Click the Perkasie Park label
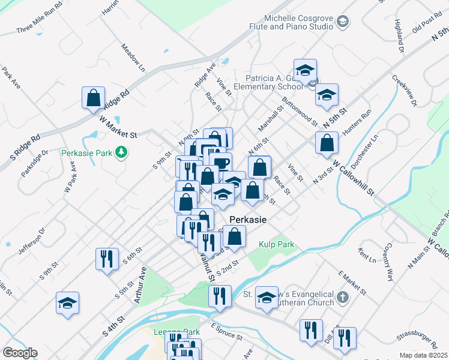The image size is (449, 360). pyautogui.click(x=87, y=153)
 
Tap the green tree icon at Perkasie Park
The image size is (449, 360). pyautogui.click(x=122, y=152)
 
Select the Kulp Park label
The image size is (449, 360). pyautogui.click(x=277, y=244)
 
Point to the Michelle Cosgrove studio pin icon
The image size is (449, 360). pyautogui.click(x=342, y=23)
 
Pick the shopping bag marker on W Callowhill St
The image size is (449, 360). pyautogui.click(x=327, y=143)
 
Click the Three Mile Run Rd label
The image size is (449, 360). pyautogui.click(x=40, y=19)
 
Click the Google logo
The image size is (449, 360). pyautogui.click(x=20, y=353)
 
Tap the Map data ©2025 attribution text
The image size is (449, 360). pyautogui.click(x=423, y=355)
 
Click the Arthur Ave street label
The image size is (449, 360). pyautogui.click(x=140, y=284)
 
